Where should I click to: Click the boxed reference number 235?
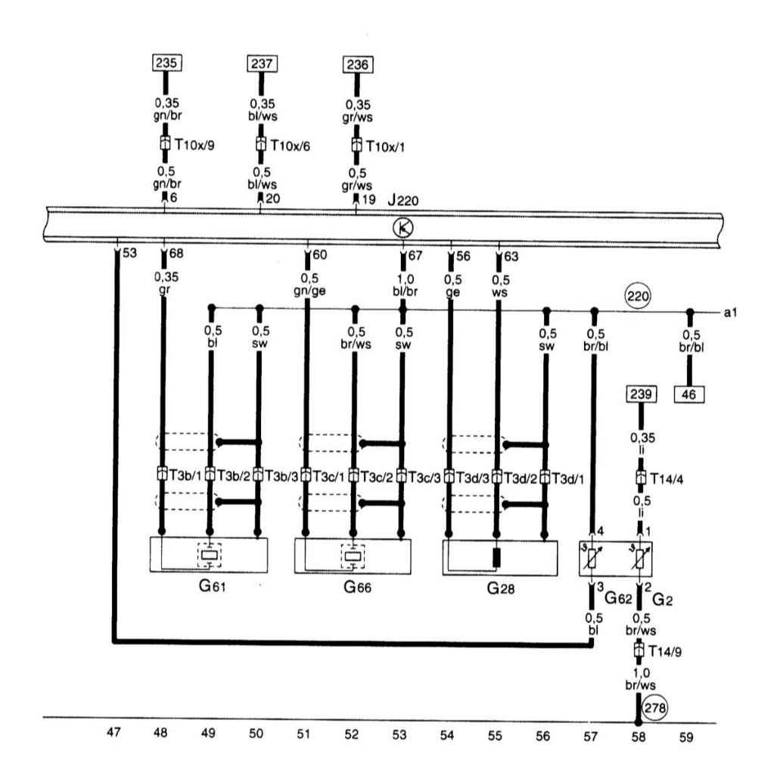[166, 63]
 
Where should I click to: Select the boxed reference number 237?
[262, 64]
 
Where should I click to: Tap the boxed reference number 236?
[358, 65]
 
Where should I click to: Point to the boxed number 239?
[641, 394]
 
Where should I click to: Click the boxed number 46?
[688, 395]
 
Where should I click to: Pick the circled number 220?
[637, 297]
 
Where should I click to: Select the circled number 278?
[654, 708]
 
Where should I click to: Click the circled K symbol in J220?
[402, 228]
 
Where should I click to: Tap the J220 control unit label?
[402, 201]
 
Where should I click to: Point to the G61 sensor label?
[212, 586]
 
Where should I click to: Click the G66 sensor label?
[357, 587]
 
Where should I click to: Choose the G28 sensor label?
[501, 588]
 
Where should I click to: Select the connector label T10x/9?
[194, 145]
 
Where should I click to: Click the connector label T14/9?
[664, 651]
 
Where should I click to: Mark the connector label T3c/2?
[377, 477]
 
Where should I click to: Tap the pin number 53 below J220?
[129, 253]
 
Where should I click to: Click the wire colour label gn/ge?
[309, 291]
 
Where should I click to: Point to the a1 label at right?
[730, 313]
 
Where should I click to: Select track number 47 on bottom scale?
[113, 732]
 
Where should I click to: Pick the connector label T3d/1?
[567, 479]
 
